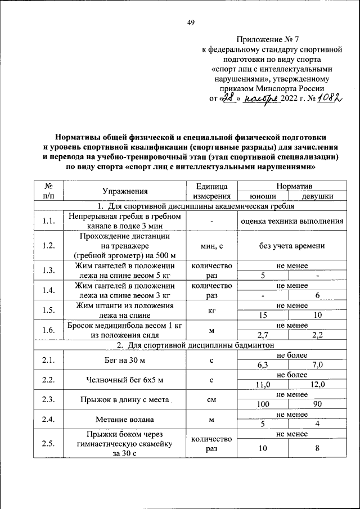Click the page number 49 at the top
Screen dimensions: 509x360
(x=190, y=22)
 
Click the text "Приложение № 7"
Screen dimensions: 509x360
(x=268, y=39)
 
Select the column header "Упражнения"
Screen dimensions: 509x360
(x=125, y=191)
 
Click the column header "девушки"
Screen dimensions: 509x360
(x=317, y=196)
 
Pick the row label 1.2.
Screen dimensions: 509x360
(x=48, y=245)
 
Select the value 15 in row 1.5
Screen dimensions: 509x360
(x=263, y=316)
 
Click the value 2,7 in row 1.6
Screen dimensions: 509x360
(x=263, y=335)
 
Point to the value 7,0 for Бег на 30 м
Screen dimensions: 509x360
(x=317, y=365)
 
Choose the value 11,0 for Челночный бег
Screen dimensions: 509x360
(x=263, y=385)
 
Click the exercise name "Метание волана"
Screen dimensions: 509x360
(x=125, y=419)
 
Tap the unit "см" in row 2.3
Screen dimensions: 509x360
(x=211, y=399)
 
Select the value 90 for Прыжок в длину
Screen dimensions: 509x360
(x=317, y=404)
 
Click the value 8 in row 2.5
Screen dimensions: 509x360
(x=317, y=448)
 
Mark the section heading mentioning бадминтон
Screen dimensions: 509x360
(x=190, y=345)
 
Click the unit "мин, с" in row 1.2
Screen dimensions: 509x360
(x=211, y=246)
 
